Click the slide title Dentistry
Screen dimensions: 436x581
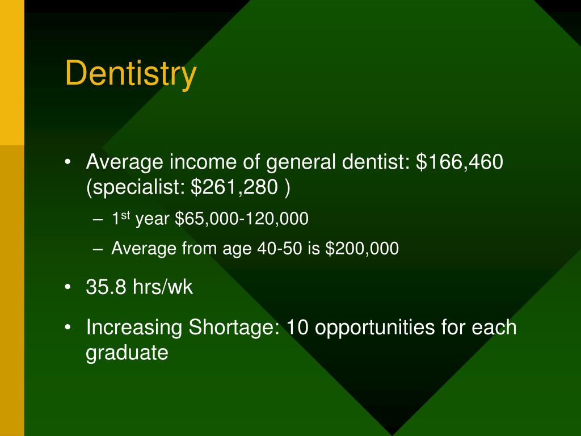131,74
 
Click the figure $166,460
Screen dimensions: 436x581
460,163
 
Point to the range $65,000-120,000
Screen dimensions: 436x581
242,219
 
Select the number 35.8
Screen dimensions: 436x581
107,287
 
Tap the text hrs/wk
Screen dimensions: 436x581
163,287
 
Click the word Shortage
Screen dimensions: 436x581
234,328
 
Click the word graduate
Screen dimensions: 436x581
127,353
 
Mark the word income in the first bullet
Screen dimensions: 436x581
197,163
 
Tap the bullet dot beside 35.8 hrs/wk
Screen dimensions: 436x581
68,288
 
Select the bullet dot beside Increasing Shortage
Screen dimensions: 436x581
68,328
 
